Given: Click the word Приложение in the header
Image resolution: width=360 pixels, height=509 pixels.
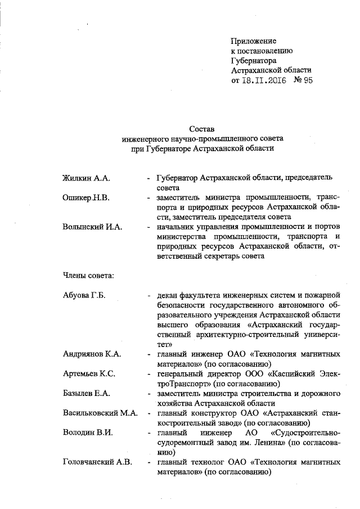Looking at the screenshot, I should [254, 40].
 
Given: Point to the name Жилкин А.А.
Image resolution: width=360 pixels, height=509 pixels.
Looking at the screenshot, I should [85, 178].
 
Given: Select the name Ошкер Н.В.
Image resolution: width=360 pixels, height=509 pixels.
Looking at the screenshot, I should [85, 197].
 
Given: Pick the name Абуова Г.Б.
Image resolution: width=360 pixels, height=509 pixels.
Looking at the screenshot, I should [84, 295].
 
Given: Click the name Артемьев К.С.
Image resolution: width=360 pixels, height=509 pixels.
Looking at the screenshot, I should [88, 373].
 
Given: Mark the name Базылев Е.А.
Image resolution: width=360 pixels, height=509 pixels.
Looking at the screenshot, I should [86, 393].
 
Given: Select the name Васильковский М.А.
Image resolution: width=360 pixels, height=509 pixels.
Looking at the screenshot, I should [100, 412].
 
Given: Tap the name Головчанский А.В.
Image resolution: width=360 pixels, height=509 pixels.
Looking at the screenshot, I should [97, 462].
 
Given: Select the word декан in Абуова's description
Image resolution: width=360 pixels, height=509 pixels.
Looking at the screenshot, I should [169, 295].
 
